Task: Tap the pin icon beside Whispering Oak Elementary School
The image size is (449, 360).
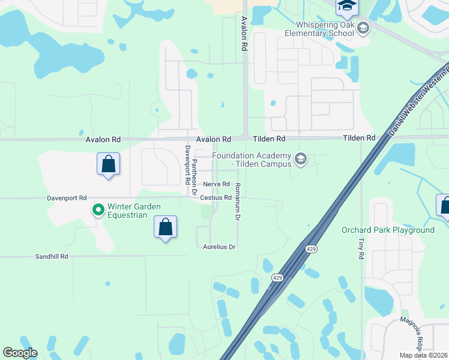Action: tap(363, 28)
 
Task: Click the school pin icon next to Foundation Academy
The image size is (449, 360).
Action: tap(301, 159)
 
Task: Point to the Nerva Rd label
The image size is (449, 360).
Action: tap(217, 184)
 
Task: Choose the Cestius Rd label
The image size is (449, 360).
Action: tap(216, 197)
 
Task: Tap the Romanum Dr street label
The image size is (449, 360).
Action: tap(238, 202)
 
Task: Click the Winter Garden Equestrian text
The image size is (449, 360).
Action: tap(134, 211)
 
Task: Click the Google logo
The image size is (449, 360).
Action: tap(20, 353)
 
